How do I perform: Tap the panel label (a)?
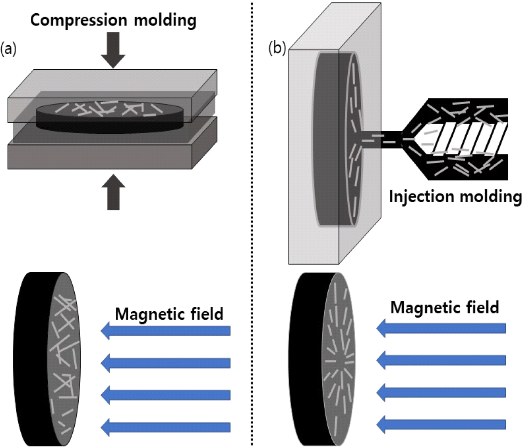[8, 49]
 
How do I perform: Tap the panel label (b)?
[277, 49]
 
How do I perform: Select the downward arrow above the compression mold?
[113, 50]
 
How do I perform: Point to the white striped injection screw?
[469, 138]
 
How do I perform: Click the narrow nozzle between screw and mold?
[382, 139]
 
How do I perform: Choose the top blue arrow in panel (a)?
[166, 331]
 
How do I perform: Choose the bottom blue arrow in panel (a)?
[166, 427]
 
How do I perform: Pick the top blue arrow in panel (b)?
[442, 328]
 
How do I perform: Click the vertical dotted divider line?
[252, 224]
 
